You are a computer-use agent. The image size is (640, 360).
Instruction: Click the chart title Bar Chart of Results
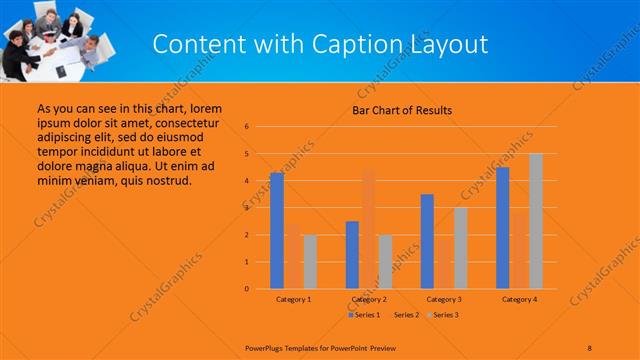tap(401, 110)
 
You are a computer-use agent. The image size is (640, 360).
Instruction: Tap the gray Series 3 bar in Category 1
tap(310, 261)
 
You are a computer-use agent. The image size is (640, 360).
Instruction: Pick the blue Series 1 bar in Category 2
tap(352, 254)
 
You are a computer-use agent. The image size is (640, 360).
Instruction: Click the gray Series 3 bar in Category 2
tap(385, 261)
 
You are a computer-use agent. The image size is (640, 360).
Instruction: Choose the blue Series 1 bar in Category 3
tap(427, 241)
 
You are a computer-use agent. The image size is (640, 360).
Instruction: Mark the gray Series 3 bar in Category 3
tap(460, 247)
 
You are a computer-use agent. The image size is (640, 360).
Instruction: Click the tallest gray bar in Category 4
tap(535, 221)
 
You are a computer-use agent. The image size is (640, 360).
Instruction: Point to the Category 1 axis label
tap(294, 299)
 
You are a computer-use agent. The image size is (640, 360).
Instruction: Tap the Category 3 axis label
tap(444, 299)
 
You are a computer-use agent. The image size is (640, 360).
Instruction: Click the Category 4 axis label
tap(519, 299)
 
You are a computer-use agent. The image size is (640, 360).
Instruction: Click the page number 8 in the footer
tap(589, 345)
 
